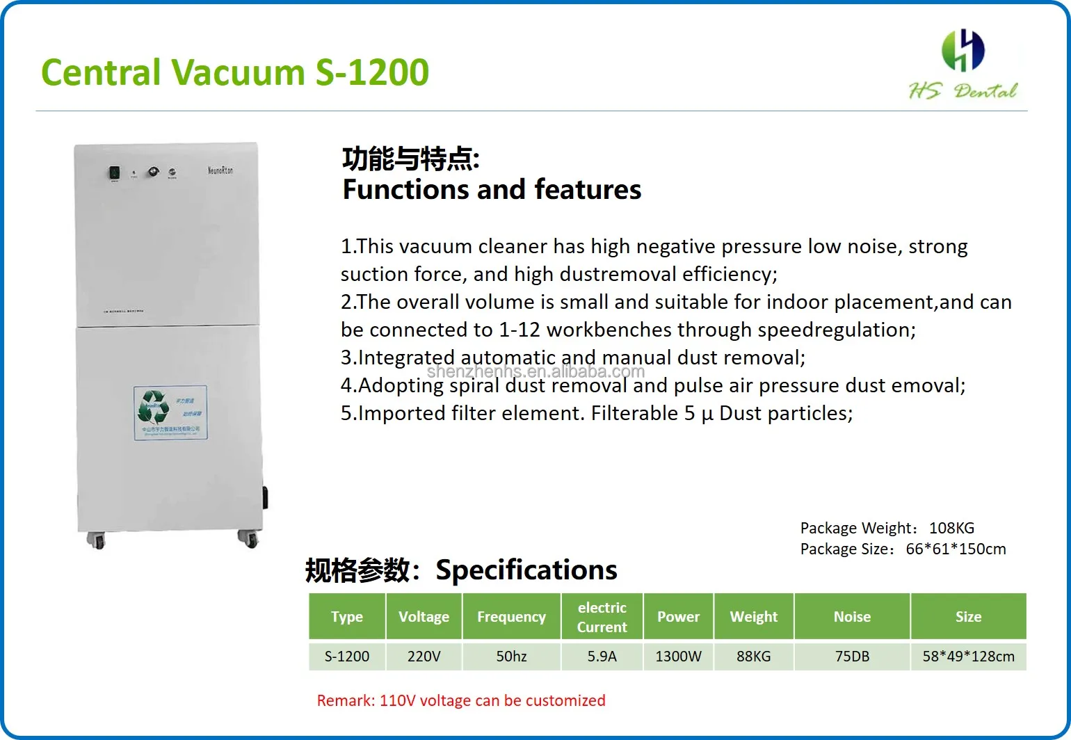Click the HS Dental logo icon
click(x=963, y=50)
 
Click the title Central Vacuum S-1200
click(x=235, y=72)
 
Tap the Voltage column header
click(x=424, y=617)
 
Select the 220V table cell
click(x=424, y=656)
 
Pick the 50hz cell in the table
click(x=511, y=656)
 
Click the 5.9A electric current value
click(x=602, y=656)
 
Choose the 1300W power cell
click(x=678, y=656)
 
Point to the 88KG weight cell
click(x=754, y=656)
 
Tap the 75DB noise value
click(x=852, y=656)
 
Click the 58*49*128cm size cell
click(x=968, y=656)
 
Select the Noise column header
click(x=852, y=617)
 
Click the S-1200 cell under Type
click(x=347, y=656)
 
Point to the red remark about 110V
click(x=461, y=700)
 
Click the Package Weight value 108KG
click(x=951, y=528)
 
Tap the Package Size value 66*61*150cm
click(x=956, y=549)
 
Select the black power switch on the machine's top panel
click(x=113, y=172)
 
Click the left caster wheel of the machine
click(x=95, y=540)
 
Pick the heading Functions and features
click(x=492, y=189)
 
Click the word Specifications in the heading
click(x=526, y=570)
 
